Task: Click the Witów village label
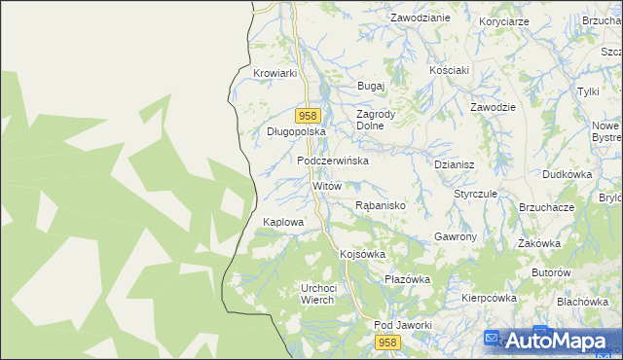point(326,185)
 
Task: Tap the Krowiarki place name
point(274,73)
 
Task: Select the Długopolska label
point(295,130)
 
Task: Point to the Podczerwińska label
point(333,161)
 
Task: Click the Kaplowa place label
point(283,222)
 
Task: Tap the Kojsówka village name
point(362,254)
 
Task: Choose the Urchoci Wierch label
point(318,294)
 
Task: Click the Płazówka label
point(407,279)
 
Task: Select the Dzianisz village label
point(454,165)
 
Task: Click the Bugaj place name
point(372,86)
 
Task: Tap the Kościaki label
point(450,70)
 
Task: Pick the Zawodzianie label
point(420,18)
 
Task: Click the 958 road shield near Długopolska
point(308,115)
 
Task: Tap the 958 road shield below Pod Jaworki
point(388,342)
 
